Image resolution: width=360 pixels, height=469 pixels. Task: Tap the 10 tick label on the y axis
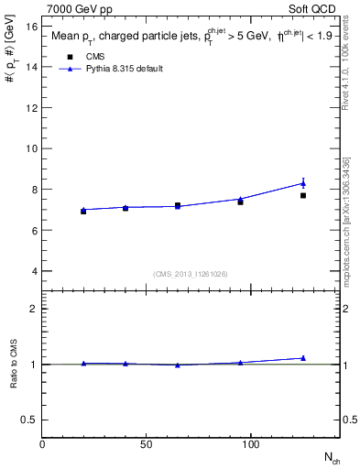tap(31, 148)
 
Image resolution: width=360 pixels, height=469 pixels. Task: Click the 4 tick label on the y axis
tap(33, 271)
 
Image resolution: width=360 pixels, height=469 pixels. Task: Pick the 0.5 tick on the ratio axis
tap(27, 420)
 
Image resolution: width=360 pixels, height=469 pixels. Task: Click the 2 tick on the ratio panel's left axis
tap(33, 309)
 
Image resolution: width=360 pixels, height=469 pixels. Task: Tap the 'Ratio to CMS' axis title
tap(13, 365)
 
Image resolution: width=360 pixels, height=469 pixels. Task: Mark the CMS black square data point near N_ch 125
tap(303, 195)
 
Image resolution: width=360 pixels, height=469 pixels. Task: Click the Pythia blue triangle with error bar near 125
tap(303, 183)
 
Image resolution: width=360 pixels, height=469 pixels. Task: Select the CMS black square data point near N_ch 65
tap(178, 205)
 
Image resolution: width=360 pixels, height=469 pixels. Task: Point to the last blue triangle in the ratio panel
tap(303, 358)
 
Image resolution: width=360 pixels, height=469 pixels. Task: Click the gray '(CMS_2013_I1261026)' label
tap(190, 274)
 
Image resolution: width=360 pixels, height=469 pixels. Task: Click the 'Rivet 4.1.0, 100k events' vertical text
tap(345, 70)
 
